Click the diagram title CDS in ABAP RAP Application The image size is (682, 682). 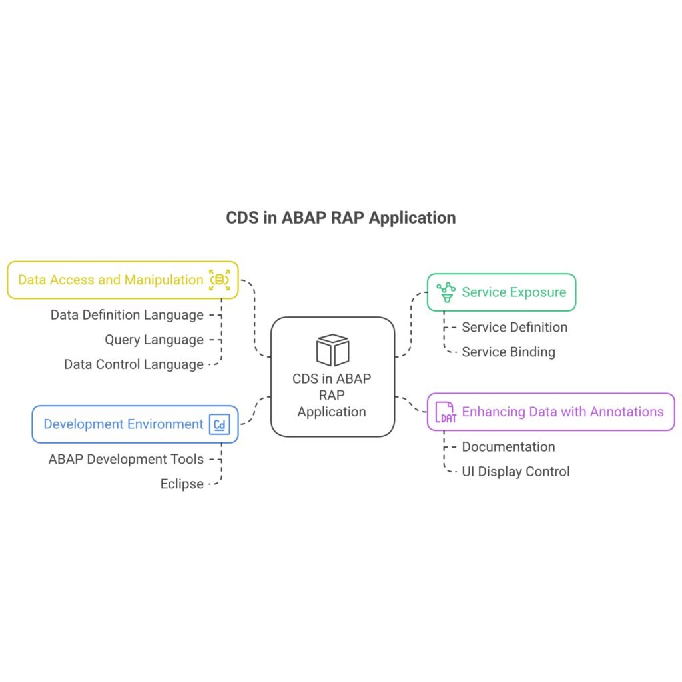[340, 218]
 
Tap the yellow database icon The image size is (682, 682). [220, 280]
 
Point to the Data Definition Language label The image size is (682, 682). [127, 315]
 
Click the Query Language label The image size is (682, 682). [154, 340]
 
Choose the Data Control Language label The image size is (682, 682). [133, 364]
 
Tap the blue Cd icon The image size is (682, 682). [220, 424]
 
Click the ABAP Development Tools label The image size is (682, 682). [126, 459]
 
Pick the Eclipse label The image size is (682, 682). [182, 484]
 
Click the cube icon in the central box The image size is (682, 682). [333, 350]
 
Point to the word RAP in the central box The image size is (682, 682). [332, 395]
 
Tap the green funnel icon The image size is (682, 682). [446, 292]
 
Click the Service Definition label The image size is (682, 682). [515, 327]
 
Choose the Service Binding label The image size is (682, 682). [508, 352]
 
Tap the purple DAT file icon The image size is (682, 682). [446, 412]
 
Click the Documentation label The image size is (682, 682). [508, 447]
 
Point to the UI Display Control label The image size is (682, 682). [516, 472]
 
